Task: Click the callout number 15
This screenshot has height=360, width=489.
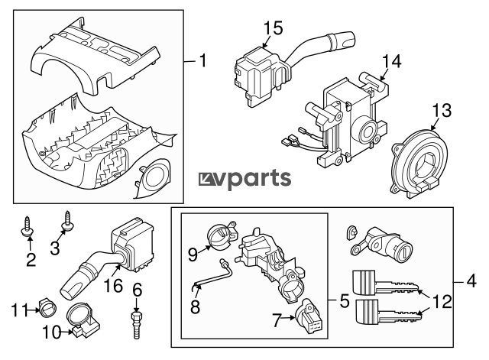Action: [x=273, y=28]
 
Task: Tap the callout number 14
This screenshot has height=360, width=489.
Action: [x=391, y=62]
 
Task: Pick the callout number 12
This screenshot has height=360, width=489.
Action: [x=441, y=301]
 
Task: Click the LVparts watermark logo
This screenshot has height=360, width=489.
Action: [x=244, y=179]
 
